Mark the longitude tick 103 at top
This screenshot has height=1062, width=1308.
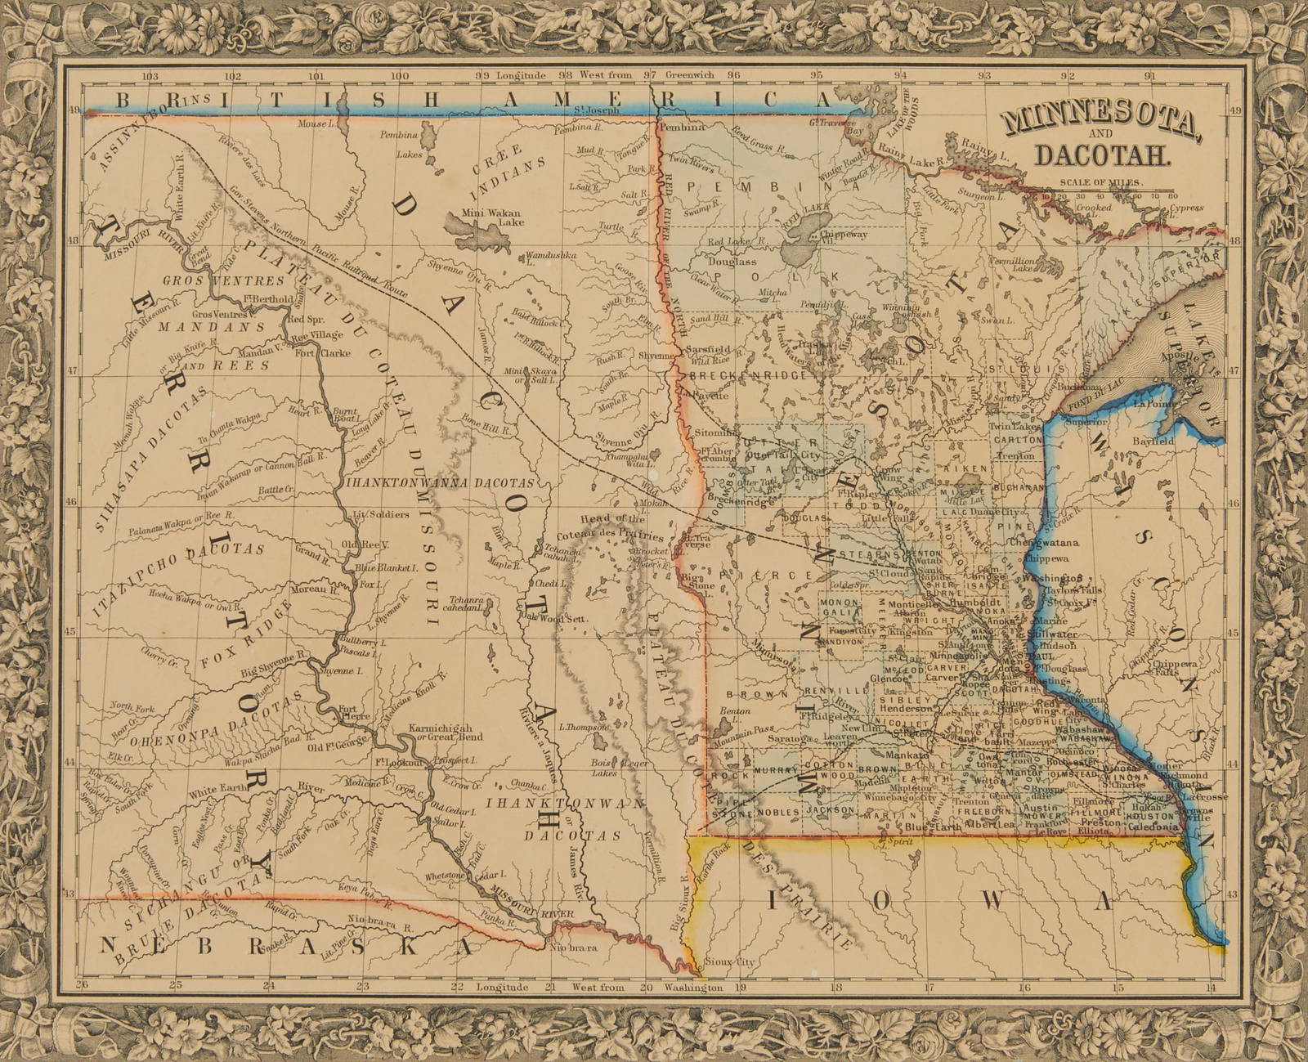[150, 75]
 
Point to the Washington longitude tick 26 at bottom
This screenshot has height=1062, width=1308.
[79, 986]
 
